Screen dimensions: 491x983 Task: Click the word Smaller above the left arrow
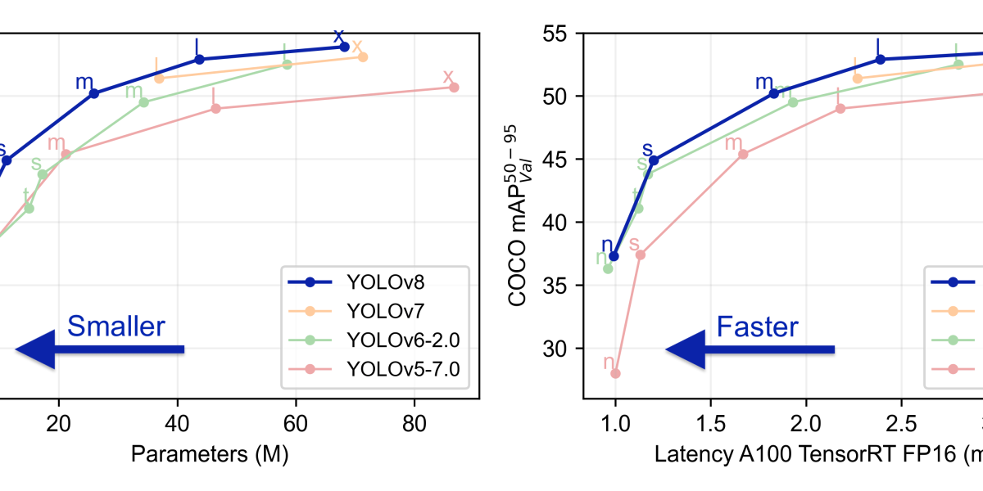116,327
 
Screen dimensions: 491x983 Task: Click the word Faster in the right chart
757,327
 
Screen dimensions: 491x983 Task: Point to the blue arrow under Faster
750,350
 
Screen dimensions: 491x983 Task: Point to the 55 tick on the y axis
562,34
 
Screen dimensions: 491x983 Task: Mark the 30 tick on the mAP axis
562,349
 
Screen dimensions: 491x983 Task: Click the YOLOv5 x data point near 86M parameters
454,87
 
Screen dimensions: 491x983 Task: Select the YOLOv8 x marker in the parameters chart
344,47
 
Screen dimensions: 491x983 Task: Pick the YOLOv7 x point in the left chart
363,56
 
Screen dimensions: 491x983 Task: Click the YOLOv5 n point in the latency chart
615,373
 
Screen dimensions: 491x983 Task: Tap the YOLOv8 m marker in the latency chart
773,93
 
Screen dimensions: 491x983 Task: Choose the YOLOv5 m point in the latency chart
743,154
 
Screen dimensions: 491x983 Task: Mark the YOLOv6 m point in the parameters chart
143,102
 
